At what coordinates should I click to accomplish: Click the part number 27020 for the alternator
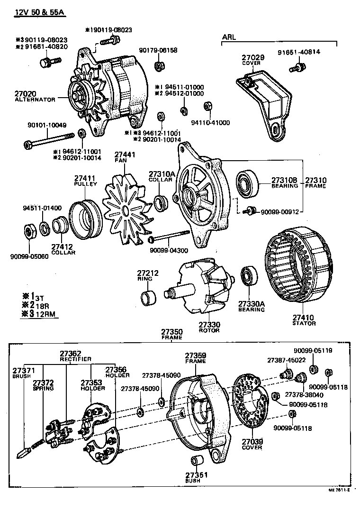coord(25,94)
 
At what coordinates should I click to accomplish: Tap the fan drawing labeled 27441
coord(124,209)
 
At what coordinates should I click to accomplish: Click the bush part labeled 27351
coord(196,461)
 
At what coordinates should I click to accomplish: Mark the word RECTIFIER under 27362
coord(75,359)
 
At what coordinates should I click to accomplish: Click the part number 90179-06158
coord(158,50)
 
